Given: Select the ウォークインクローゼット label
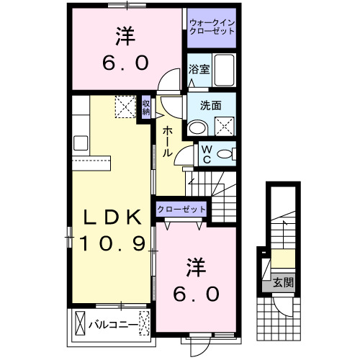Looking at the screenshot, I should tap(212, 27).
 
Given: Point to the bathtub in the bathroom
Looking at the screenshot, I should tap(222, 71).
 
